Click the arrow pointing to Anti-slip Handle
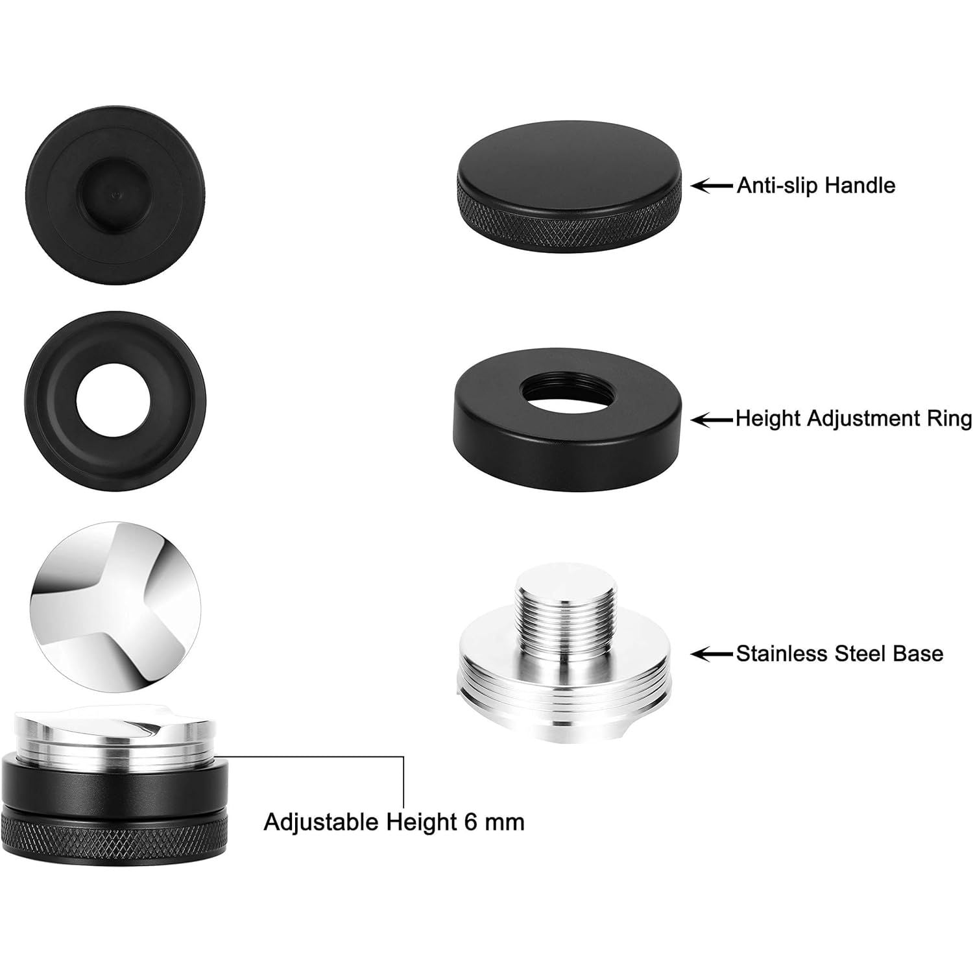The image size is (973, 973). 712,186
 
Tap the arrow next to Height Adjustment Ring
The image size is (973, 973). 712,420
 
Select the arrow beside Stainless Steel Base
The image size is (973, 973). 712,653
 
